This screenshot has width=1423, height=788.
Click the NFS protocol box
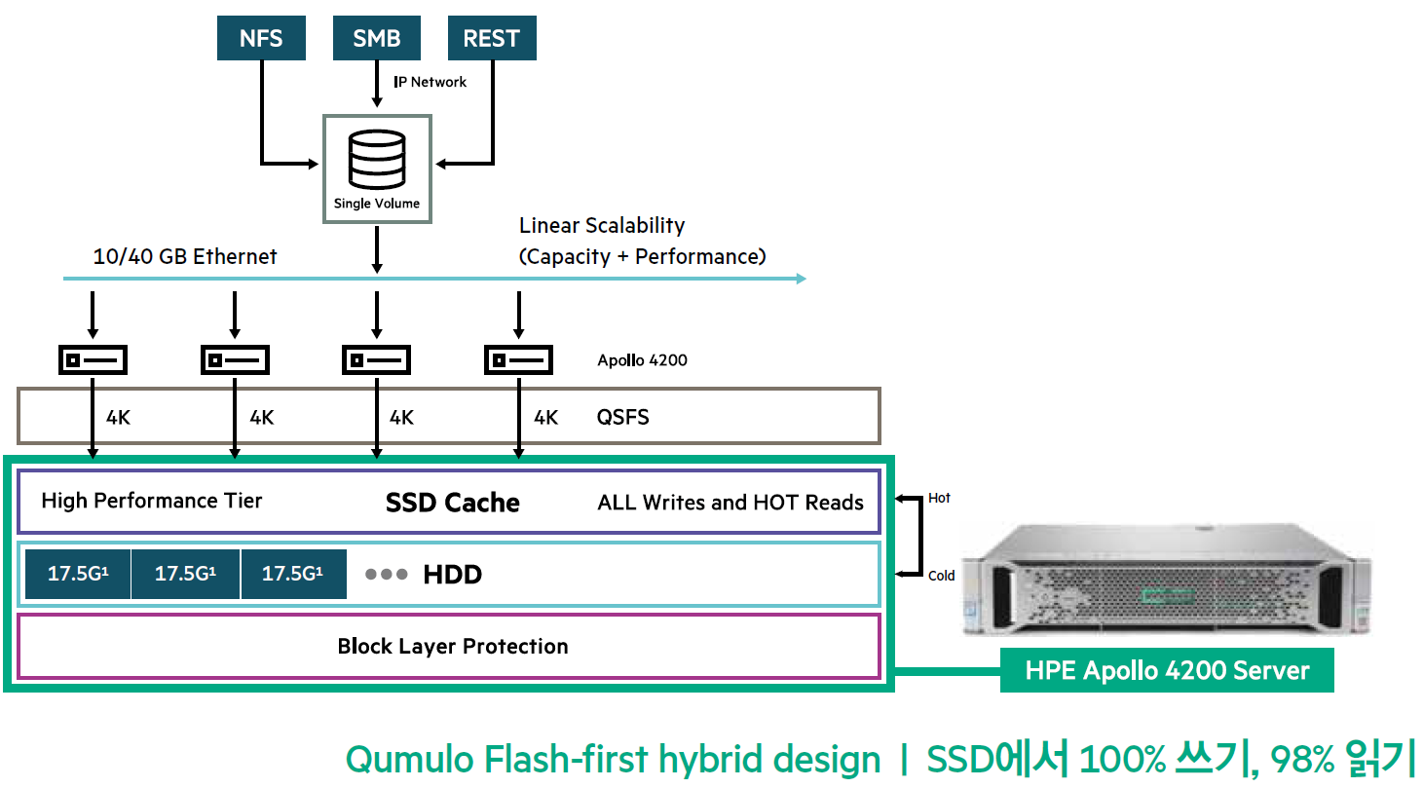(261, 39)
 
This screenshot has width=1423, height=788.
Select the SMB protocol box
(376, 39)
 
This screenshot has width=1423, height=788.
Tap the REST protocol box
(491, 39)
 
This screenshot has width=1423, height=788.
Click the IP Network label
(430, 82)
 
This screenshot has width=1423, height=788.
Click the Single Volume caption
(377, 204)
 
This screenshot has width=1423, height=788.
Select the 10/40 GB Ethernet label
(185, 256)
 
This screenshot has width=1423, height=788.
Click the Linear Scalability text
(602, 226)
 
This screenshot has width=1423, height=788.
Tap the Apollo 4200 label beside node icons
(642, 360)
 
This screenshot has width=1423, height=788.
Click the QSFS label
(622, 418)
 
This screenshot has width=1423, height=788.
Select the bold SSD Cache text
(452, 503)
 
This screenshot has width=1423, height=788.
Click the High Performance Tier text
(152, 501)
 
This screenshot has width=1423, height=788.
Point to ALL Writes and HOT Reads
(730, 503)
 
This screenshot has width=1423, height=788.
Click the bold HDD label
(452, 575)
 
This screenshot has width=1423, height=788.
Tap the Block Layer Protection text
(452, 647)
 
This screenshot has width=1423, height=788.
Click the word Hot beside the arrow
(939, 498)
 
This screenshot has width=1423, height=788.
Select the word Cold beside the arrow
(941, 576)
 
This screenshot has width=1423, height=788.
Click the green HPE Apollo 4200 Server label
(1167, 670)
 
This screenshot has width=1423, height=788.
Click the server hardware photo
(1164, 580)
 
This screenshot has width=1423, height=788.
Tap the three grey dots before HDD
(386, 575)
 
